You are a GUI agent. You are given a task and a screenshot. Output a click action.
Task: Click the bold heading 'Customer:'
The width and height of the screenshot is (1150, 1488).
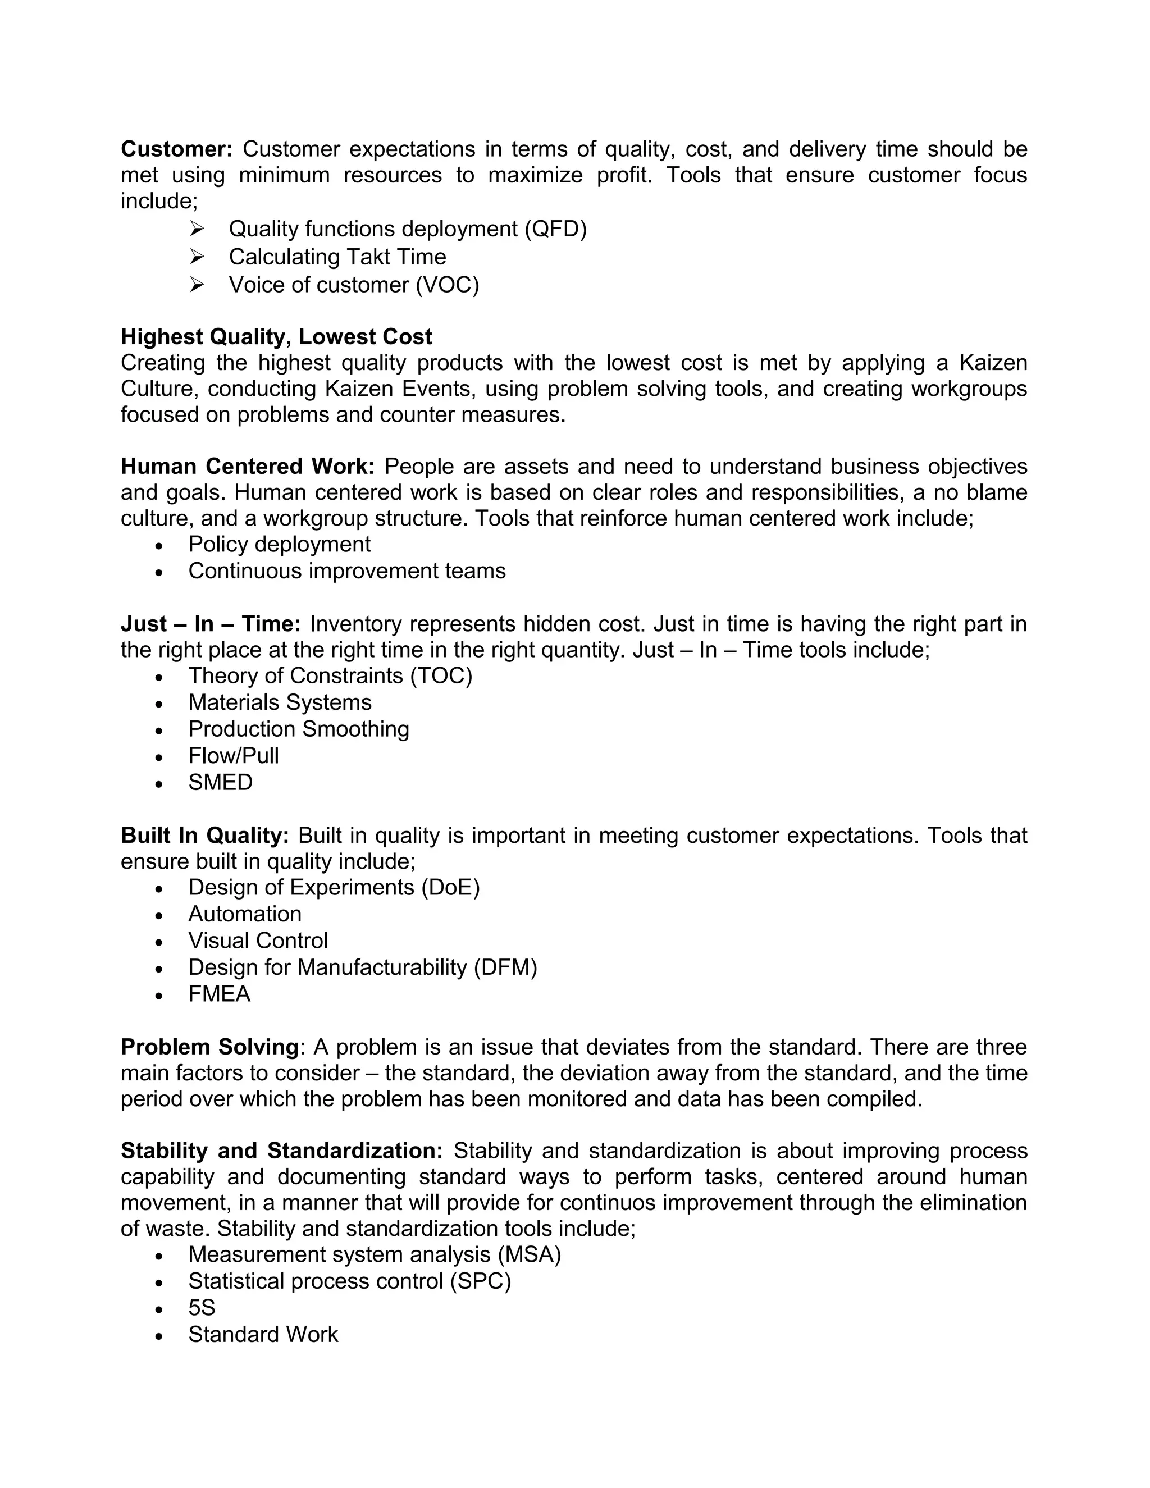coord(176,149)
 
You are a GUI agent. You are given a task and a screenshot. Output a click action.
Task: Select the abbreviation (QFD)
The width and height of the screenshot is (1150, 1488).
coord(555,229)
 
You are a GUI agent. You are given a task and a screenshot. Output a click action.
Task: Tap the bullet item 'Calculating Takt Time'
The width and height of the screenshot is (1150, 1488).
coord(337,257)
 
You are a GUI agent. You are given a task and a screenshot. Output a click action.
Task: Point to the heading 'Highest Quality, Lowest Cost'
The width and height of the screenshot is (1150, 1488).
coord(276,336)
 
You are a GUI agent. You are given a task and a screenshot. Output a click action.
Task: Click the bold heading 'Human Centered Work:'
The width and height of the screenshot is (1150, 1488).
coord(247,467)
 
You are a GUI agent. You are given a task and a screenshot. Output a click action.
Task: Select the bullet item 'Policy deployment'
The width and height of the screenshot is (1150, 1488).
coord(279,544)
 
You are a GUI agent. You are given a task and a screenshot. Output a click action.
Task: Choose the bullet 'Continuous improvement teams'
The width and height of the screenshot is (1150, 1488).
coord(347,571)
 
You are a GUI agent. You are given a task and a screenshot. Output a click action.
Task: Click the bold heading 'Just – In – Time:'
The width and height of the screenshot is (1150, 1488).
coord(211,624)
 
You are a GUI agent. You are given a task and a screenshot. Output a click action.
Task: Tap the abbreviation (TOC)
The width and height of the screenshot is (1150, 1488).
coord(441,676)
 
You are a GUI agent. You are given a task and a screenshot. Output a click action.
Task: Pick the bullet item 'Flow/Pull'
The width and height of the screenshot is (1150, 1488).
coord(234,756)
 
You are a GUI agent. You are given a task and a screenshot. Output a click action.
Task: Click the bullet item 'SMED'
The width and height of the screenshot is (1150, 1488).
coord(220,782)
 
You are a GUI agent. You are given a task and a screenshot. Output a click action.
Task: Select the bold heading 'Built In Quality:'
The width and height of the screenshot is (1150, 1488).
coord(205,836)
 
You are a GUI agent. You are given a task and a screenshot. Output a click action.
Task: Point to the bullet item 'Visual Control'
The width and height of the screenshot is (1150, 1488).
coord(258,941)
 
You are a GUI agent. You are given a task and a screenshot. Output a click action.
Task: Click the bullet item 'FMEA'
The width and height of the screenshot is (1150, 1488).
coord(220,994)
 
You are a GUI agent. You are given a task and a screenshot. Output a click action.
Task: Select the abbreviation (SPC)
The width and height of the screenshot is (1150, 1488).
coord(480,1281)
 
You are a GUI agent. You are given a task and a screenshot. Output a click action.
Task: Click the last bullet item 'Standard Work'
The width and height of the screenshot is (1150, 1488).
coord(263,1335)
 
